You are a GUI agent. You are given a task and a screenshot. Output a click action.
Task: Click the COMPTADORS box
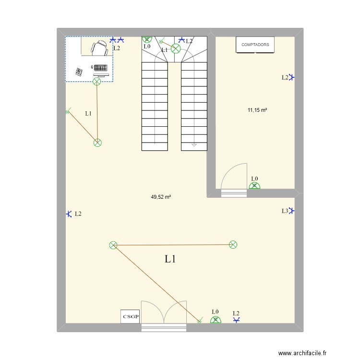tap(255, 45)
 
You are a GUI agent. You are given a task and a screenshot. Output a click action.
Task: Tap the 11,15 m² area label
tap(257, 110)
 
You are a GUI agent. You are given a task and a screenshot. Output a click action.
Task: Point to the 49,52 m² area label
tap(161, 197)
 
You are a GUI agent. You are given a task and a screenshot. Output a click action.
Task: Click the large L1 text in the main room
tap(170, 259)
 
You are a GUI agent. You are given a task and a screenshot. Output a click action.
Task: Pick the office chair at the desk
tap(100, 47)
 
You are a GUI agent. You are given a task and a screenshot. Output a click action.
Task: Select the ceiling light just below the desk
tap(96, 82)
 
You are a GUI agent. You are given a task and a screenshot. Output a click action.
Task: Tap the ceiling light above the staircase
tap(176, 48)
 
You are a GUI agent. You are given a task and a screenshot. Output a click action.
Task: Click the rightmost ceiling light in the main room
tap(233, 245)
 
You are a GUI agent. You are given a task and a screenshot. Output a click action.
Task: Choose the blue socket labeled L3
tap(291, 210)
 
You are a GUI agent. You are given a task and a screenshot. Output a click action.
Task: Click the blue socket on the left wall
tap(69, 214)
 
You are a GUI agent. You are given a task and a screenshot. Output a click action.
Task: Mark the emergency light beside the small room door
tap(255, 185)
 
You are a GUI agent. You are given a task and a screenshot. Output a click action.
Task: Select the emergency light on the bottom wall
tap(216, 320)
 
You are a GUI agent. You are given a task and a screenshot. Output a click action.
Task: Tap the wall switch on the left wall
tap(67, 112)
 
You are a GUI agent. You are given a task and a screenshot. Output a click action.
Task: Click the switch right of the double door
tap(200, 321)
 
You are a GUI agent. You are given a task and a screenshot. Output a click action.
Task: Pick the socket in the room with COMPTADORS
tap(291, 77)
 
